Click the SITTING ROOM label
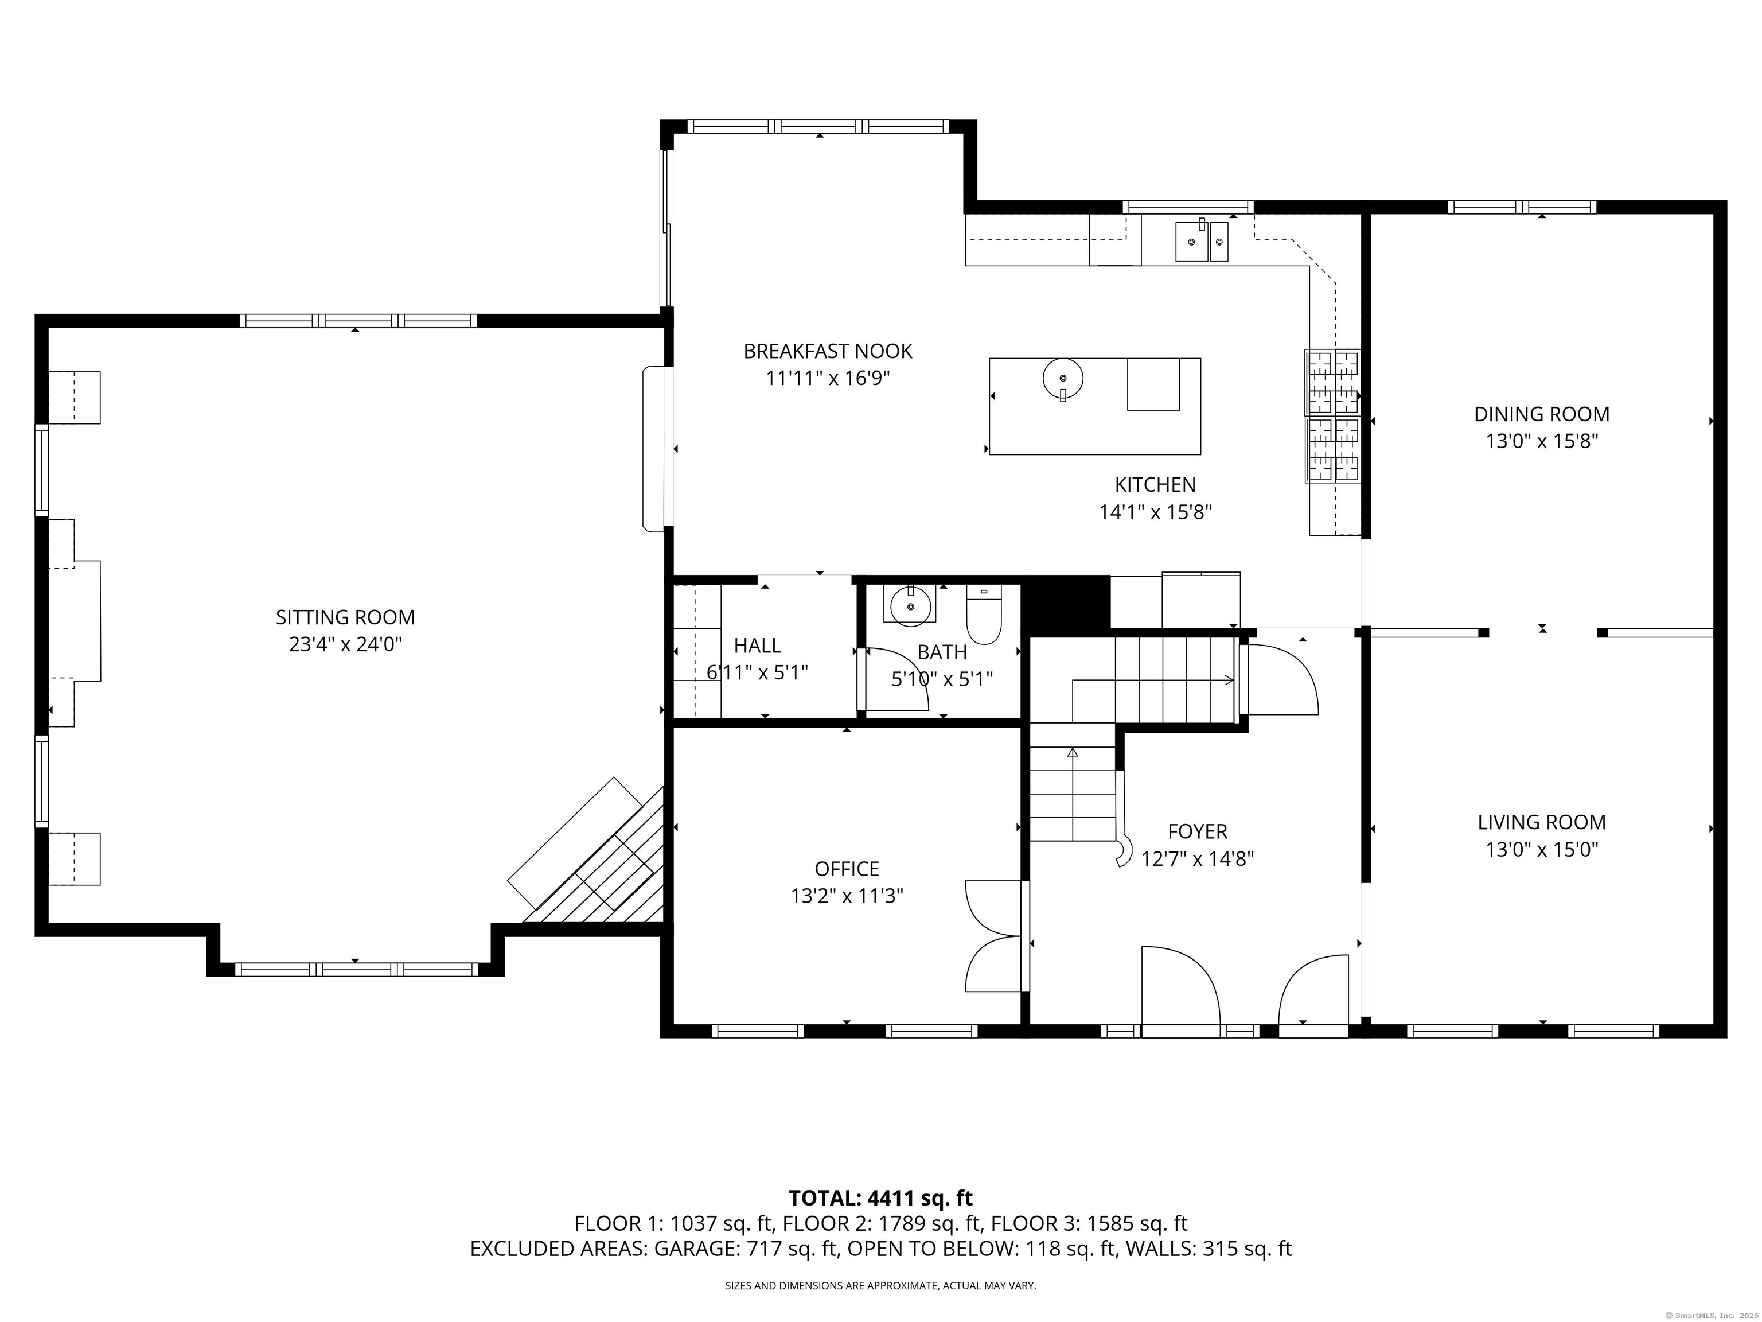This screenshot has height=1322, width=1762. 345,617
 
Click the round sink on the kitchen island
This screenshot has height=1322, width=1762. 1063,378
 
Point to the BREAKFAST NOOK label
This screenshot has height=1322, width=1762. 828,351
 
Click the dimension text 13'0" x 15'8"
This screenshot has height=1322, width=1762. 1541,441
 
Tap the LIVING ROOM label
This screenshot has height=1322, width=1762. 1541,822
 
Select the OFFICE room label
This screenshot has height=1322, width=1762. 847,869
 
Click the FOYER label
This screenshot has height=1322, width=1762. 1197,831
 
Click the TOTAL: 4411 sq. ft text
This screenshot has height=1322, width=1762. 880,1197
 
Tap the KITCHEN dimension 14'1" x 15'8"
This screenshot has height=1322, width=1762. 1155,512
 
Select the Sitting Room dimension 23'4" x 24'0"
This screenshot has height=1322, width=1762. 345,644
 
